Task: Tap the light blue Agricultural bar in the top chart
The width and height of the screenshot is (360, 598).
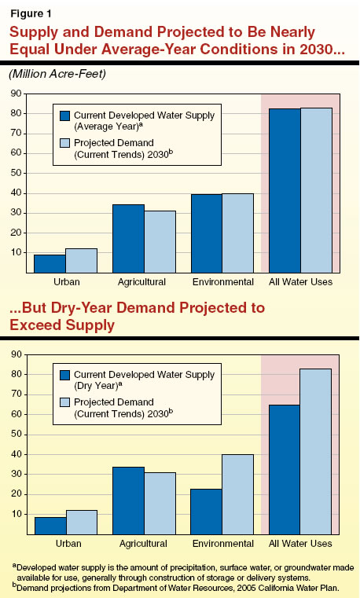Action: click(x=160, y=241)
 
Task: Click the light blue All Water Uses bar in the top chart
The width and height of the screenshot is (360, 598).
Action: click(x=316, y=190)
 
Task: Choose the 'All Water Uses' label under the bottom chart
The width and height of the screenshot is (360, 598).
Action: click(x=300, y=544)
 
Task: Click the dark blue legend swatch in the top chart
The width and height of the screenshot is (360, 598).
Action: click(x=66, y=116)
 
